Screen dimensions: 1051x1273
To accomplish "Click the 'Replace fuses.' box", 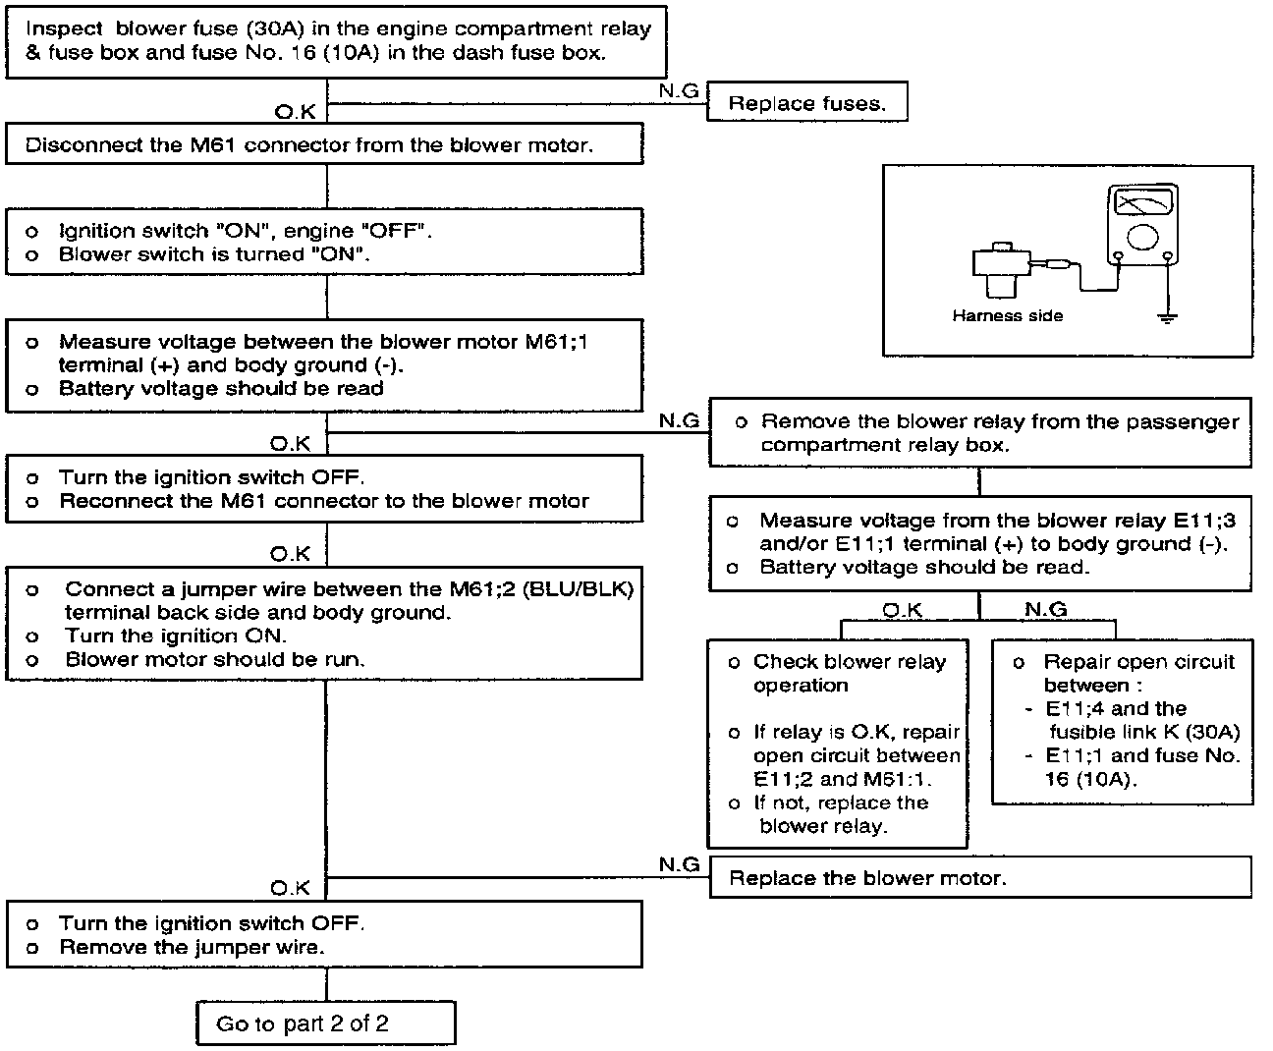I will [805, 103].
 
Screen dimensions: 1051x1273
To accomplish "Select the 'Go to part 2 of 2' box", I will [325, 1023].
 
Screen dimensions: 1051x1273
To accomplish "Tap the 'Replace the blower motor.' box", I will [979, 877].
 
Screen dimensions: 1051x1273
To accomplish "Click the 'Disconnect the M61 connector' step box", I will [324, 144].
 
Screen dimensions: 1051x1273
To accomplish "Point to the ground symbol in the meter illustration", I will [1167, 316].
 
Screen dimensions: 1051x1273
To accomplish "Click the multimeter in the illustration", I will [1142, 225].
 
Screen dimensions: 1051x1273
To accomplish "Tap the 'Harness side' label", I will [1007, 315].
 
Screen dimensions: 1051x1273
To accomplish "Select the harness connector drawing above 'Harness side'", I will [1000, 268].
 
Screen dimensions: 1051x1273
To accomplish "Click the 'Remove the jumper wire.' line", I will [192, 947].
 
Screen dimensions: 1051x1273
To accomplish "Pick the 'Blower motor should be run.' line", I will [214, 659].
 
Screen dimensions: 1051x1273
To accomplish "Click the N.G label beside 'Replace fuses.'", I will [679, 90].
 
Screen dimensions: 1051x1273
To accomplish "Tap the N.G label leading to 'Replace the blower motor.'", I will [679, 863].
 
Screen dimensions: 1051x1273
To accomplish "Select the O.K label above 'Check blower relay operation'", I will [902, 610].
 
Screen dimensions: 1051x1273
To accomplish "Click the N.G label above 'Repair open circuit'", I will [1045, 610].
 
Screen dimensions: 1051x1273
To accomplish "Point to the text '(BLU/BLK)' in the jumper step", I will [587, 589].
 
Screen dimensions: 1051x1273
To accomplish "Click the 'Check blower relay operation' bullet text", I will [849, 673].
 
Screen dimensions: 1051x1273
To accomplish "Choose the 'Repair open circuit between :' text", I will [1137, 673].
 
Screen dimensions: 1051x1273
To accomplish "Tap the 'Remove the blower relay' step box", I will [979, 432].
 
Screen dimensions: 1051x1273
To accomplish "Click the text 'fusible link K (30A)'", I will [1144, 732].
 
